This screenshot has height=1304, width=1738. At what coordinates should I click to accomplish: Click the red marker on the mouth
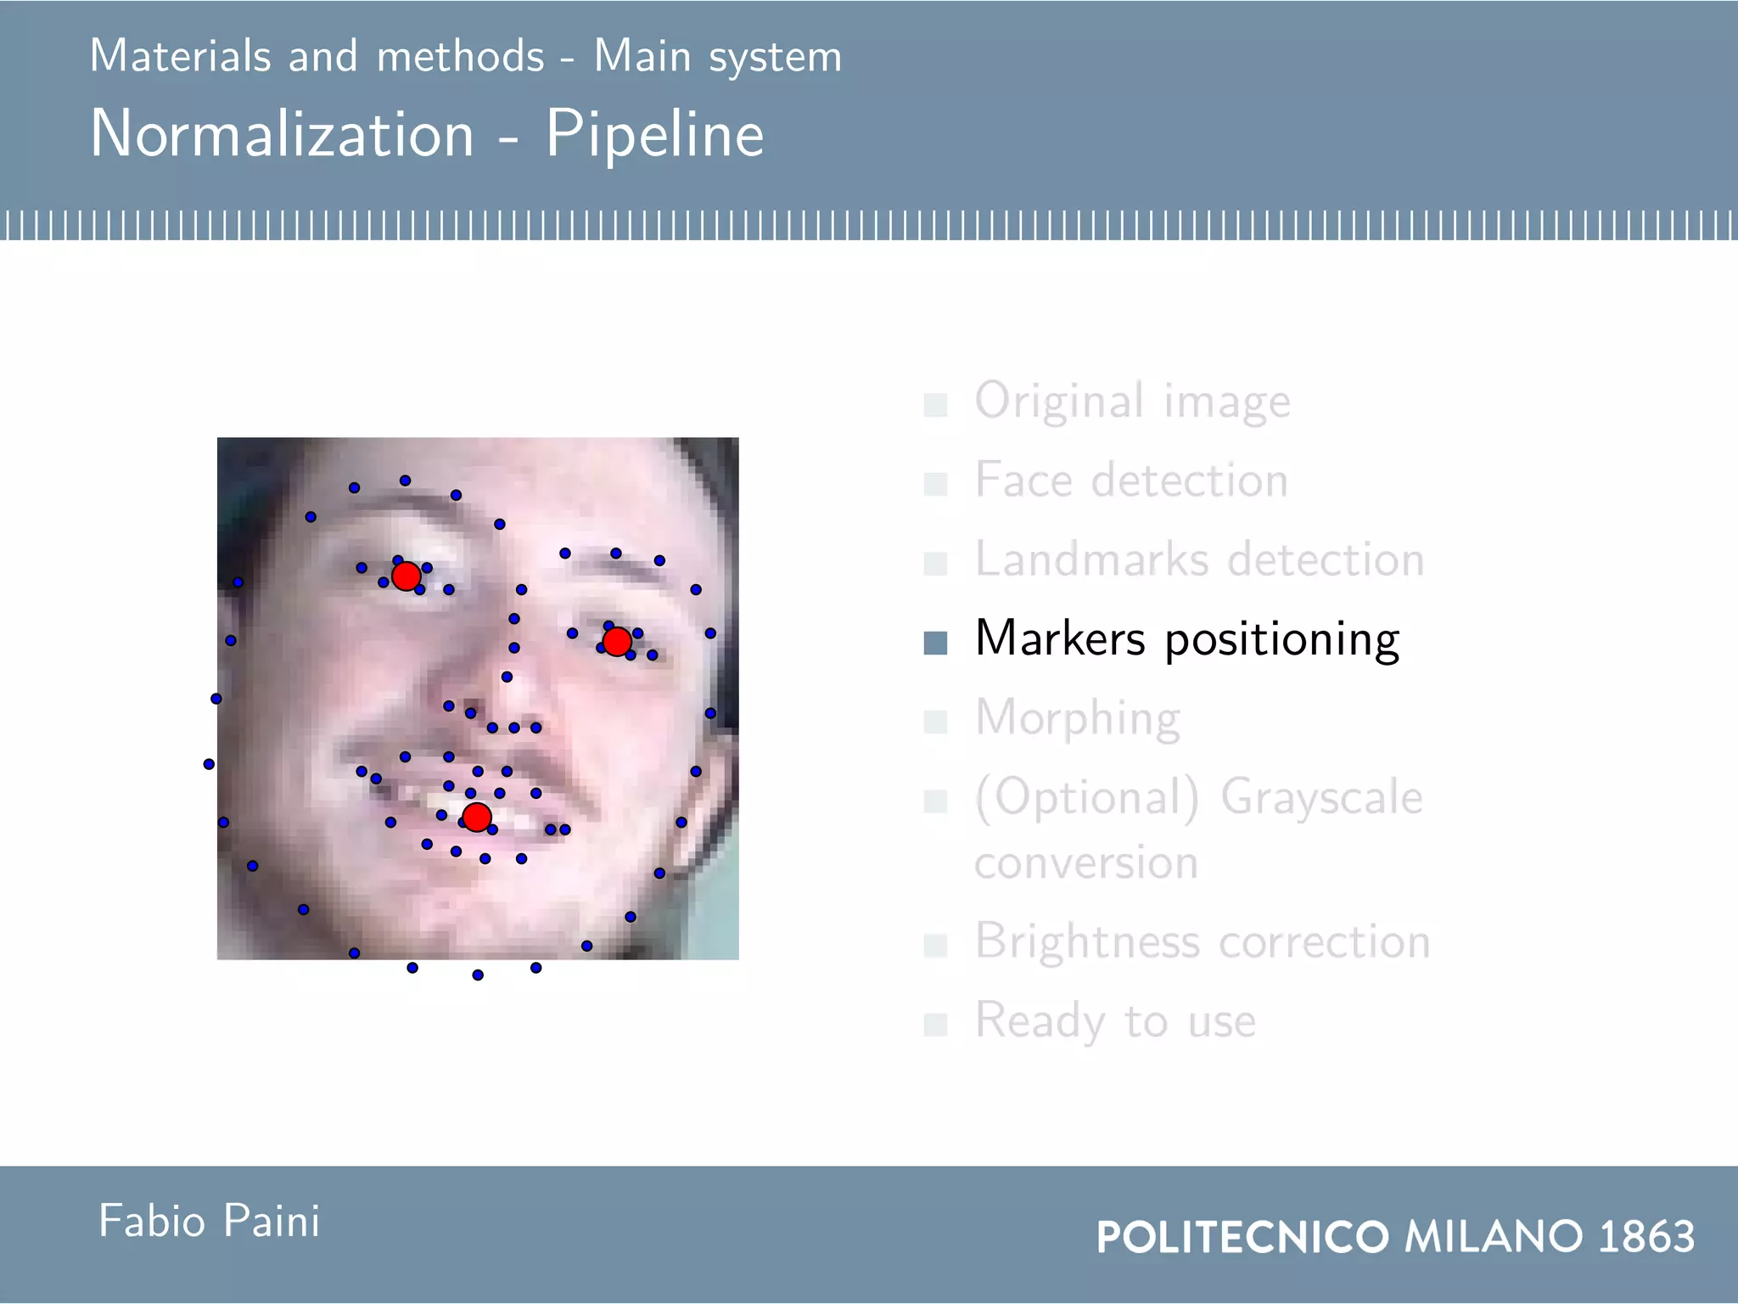pos(477,817)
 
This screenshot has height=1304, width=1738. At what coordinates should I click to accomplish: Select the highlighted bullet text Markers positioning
pos(1186,638)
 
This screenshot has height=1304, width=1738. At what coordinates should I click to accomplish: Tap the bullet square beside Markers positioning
pos(935,643)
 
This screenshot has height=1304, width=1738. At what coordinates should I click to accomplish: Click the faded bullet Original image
pos(1132,401)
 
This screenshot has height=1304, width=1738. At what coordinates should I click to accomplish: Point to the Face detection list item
pos(1130,481)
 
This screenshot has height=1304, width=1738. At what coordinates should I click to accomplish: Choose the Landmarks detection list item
pos(1199,559)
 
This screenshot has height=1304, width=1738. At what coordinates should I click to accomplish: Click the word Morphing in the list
pos(1077,718)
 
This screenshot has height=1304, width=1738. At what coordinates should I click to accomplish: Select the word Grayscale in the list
pos(1321,797)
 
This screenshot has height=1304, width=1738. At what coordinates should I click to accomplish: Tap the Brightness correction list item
pos(1202,941)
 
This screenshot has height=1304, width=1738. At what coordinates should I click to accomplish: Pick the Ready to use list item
pos(1114,1020)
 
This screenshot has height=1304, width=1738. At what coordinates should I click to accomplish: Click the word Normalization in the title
pos(282,134)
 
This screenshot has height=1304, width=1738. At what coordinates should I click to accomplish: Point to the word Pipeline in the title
pos(654,134)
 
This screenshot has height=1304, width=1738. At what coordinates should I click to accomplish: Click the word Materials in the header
pos(180,56)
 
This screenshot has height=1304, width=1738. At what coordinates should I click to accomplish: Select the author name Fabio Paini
pos(209,1221)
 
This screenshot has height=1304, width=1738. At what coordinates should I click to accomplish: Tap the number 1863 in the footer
pos(1645,1236)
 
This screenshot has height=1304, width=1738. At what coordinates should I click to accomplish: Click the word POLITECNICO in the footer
pos(1242,1236)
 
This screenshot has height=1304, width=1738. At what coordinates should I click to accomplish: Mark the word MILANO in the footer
pos(1494,1236)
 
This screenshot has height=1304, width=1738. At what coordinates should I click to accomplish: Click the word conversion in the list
pos(1086,863)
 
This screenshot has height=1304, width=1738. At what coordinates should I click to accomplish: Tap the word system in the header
pos(775,58)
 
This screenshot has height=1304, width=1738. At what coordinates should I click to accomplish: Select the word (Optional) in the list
pos(1087,798)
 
